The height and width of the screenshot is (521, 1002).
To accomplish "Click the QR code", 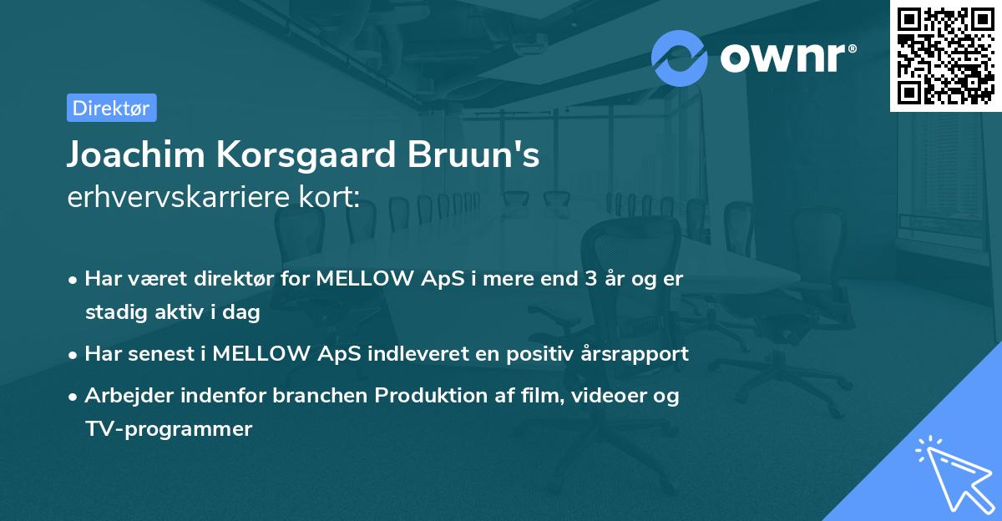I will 946,56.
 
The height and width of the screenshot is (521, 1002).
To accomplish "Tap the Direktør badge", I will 111,108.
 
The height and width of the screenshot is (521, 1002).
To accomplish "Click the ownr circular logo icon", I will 680,58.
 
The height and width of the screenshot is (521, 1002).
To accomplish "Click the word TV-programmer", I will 168,429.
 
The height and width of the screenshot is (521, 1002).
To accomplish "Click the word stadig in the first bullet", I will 112,312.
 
